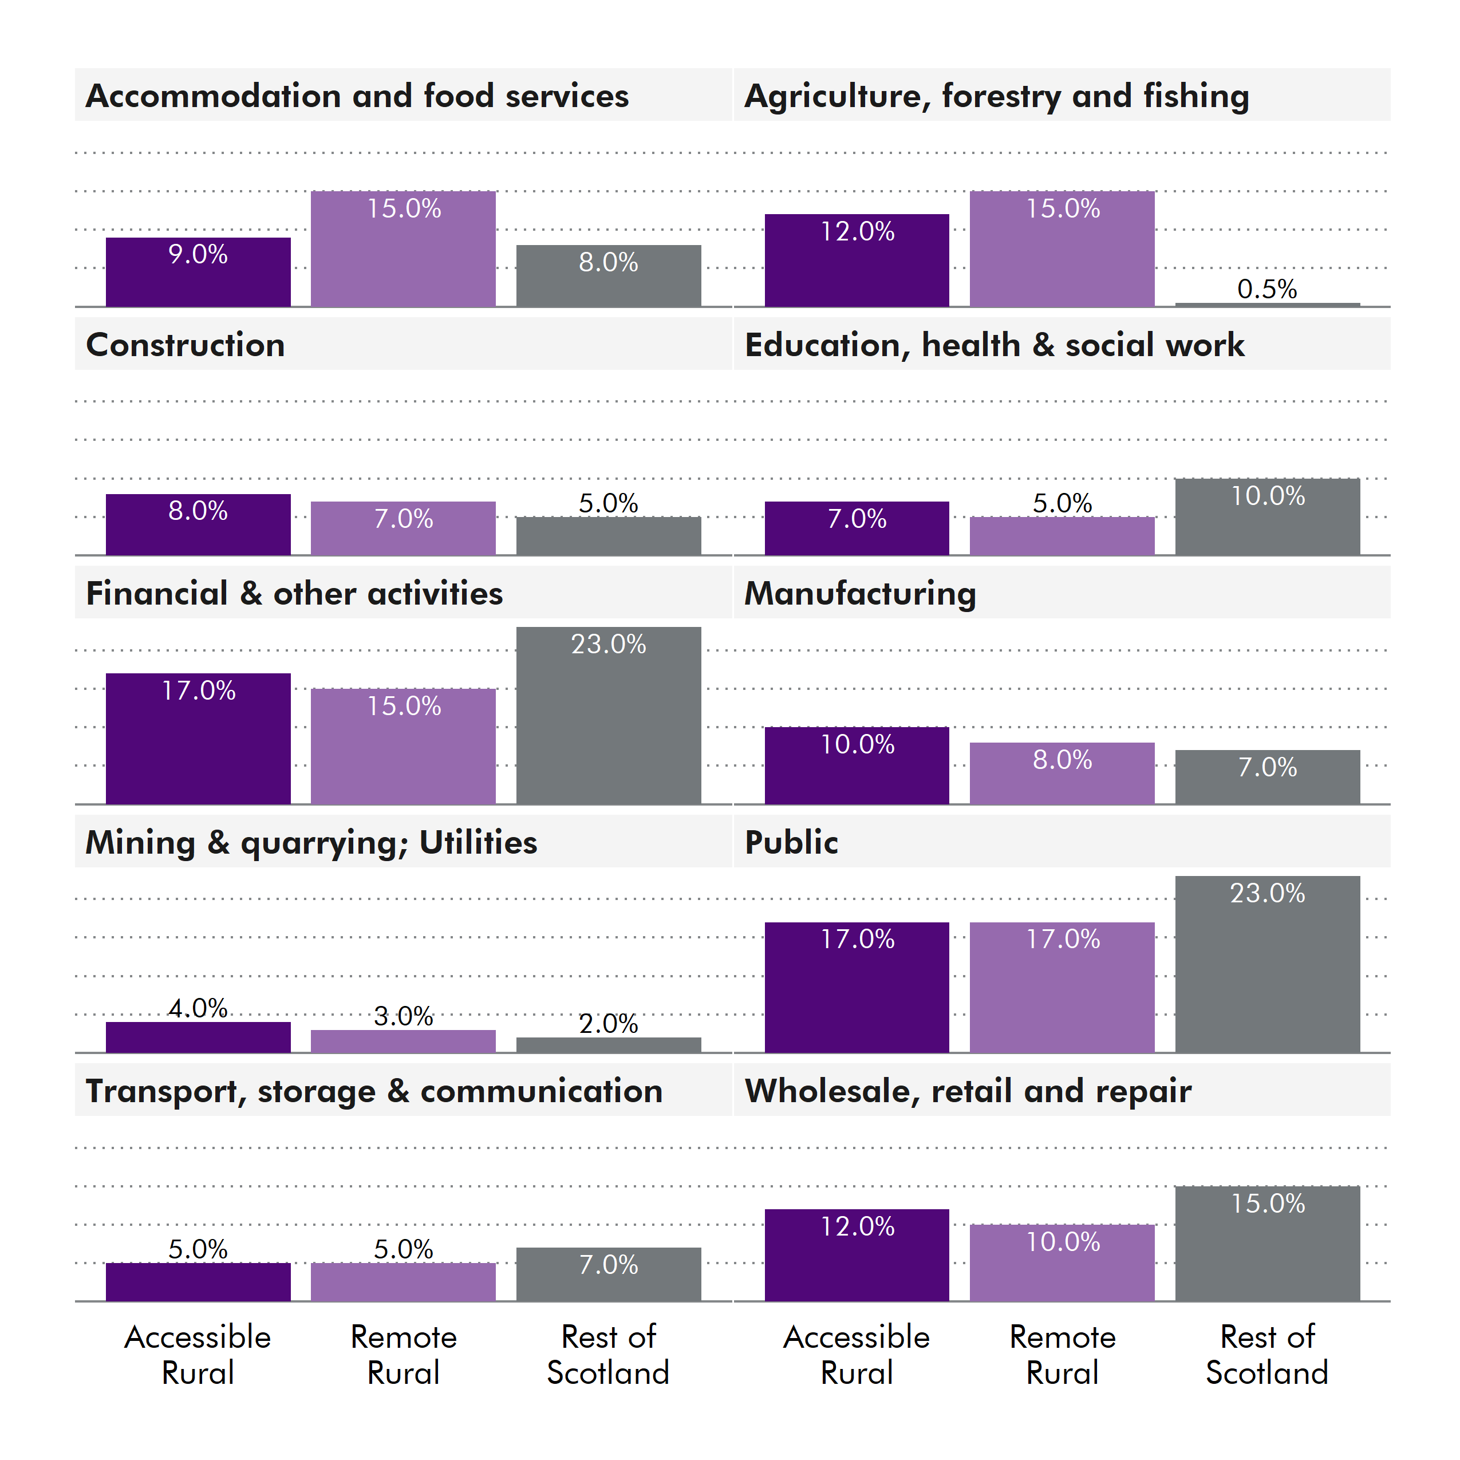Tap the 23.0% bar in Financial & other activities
coord(608,716)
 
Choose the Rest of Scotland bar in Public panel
coord(1267,964)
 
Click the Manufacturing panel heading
coord(860,593)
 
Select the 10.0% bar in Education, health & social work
coord(1267,517)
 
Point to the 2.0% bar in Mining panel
coord(608,1044)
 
